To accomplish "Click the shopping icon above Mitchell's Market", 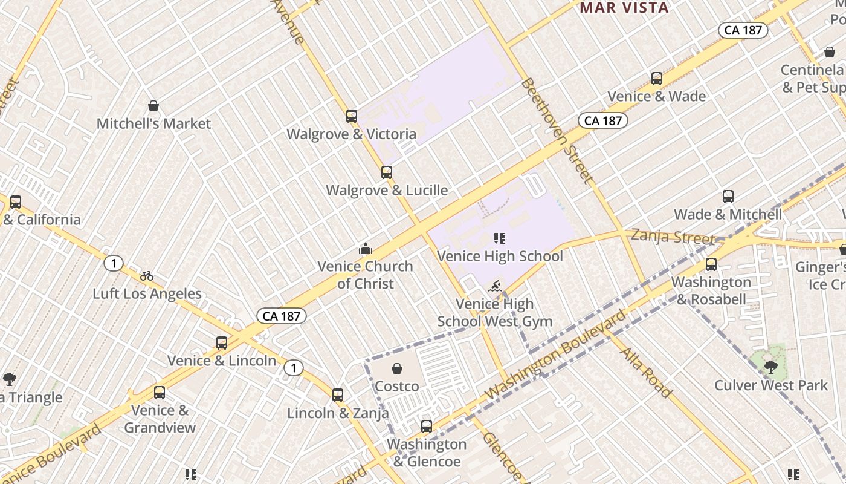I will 153,106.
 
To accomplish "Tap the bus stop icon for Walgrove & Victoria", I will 352,116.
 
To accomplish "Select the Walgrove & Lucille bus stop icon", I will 387,172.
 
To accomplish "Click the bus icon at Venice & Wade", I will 657,79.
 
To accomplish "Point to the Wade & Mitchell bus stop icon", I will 728,197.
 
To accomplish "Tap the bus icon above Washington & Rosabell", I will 711,264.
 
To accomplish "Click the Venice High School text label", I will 500,256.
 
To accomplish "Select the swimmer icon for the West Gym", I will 495,286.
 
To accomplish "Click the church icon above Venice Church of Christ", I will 365,249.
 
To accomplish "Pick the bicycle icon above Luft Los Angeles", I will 147,276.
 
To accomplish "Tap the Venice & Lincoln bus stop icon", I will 222,343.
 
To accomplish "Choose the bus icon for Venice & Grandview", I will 160,393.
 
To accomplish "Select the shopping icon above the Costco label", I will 397,368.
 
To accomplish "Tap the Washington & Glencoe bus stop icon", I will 427,427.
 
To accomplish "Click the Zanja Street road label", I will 673,236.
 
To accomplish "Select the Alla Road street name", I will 646,372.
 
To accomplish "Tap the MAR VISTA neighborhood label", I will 624,8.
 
